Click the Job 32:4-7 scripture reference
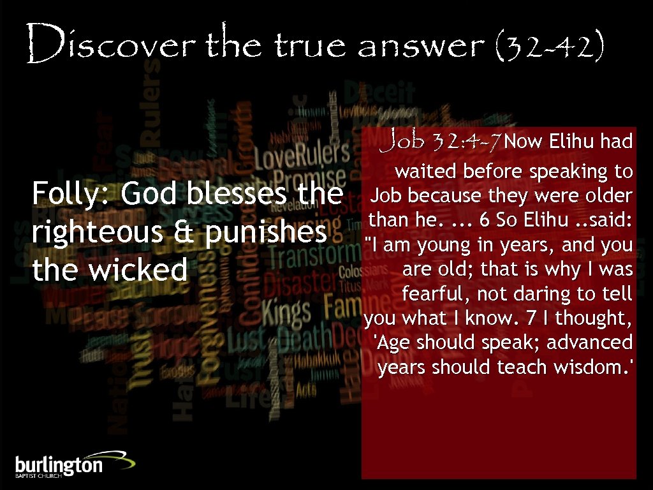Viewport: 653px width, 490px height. click(440, 140)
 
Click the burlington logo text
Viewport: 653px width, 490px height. click(59, 464)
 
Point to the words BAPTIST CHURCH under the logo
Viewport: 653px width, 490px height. click(37, 477)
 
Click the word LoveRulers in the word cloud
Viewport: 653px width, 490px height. click(301, 154)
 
